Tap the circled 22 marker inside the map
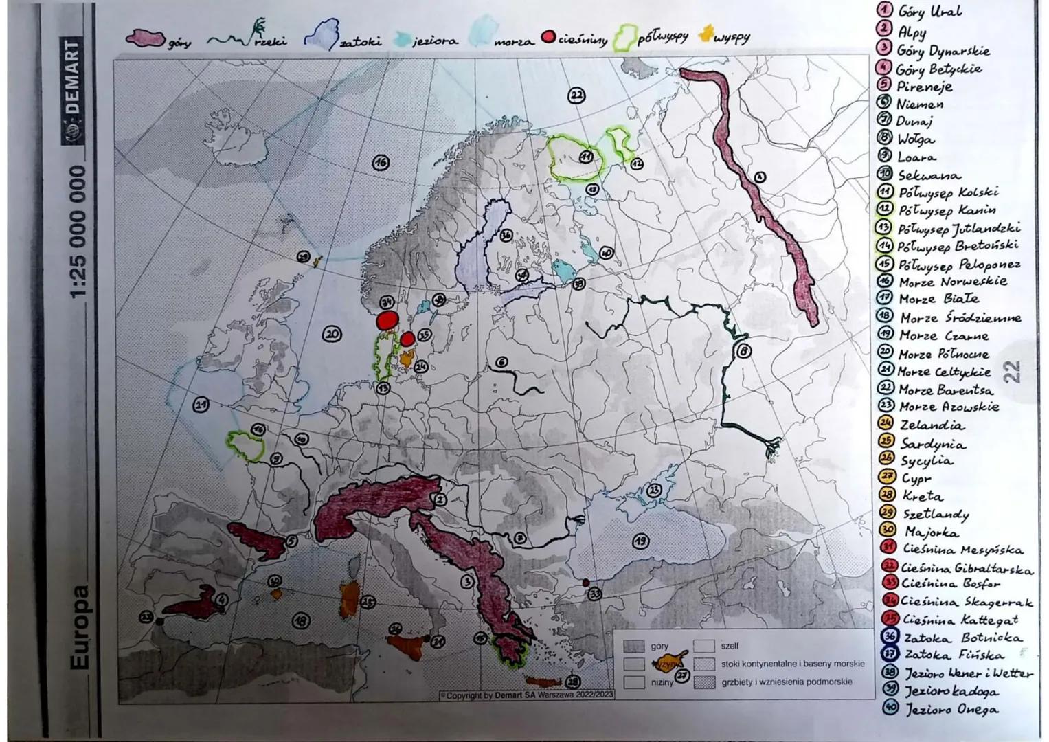tap(576, 95)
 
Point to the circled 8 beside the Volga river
tap(743, 351)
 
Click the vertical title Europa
tap(80, 627)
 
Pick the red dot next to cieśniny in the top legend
tap(548, 38)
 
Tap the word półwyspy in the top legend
tap(662, 38)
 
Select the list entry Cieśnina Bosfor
tap(951, 584)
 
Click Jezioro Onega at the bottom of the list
tap(951, 710)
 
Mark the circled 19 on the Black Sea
tap(640, 541)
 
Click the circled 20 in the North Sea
tap(332, 334)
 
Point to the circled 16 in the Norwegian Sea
tap(381, 163)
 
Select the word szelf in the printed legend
tap(730, 646)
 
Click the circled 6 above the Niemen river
tap(501, 362)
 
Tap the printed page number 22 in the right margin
tap(1013, 372)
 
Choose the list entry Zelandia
tap(932, 425)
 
